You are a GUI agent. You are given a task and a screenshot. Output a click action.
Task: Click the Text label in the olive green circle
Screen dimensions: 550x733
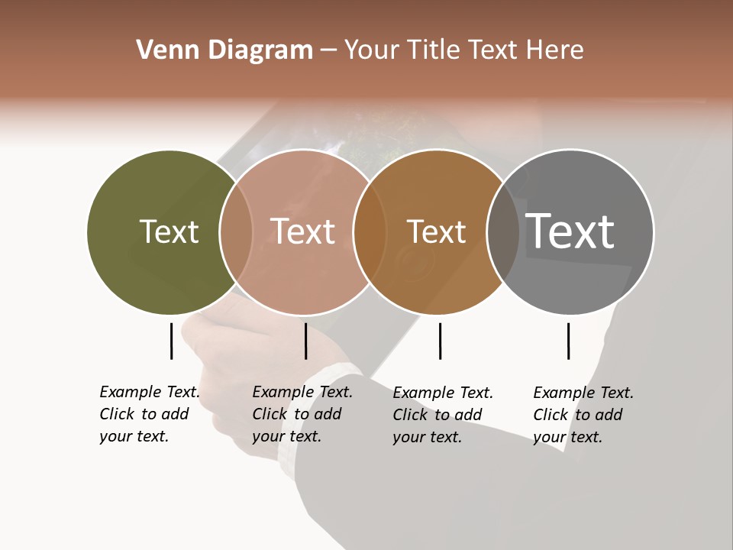(x=169, y=231)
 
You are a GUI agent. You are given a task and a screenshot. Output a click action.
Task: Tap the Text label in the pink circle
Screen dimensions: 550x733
(x=303, y=231)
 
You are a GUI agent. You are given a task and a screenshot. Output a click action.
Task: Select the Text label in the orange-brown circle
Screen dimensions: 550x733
(x=436, y=231)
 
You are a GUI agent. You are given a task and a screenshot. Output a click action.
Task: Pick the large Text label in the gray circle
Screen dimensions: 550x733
(x=570, y=231)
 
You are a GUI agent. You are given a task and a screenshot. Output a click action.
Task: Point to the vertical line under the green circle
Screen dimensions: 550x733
(x=171, y=341)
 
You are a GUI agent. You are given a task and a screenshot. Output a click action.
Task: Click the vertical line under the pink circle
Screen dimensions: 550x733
(x=305, y=341)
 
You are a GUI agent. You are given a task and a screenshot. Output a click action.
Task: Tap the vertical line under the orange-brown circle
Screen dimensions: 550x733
(x=440, y=341)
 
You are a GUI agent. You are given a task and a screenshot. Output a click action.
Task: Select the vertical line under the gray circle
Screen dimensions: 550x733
(x=568, y=341)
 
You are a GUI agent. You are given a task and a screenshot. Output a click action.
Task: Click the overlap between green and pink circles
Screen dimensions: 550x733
(x=236, y=231)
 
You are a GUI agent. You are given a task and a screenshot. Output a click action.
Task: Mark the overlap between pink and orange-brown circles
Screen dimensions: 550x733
(x=370, y=231)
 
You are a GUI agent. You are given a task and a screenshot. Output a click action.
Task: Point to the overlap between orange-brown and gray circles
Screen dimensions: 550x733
(x=502, y=231)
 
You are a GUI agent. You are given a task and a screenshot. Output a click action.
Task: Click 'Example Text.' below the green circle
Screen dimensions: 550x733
(x=150, y=393)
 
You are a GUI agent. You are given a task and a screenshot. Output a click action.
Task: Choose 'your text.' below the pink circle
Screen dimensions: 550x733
(x=286, y=437)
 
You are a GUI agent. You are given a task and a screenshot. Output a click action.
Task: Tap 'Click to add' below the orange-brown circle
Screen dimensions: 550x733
(x=438, y=415)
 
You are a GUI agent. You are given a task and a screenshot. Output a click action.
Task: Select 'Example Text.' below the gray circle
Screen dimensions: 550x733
(x=583, y=393)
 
